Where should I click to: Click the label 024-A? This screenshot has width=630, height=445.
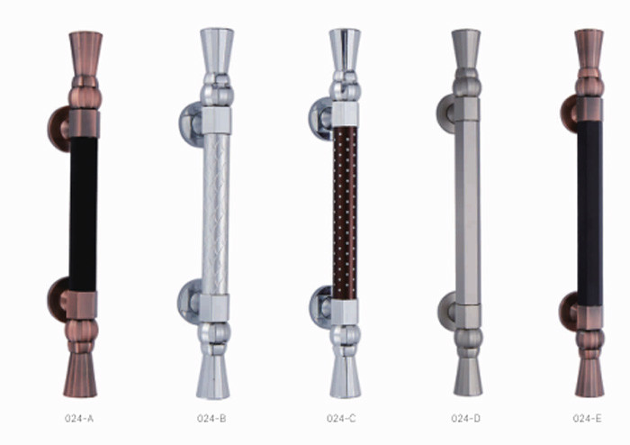pyautogui.click(x=79, y=419)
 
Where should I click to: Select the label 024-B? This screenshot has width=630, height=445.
pyautogui.click(x=211, y=419)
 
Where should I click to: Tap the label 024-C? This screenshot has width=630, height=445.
pyautogui.click(x=341, y=419)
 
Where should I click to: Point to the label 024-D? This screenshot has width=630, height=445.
pyautogui.click(x=465, y=419)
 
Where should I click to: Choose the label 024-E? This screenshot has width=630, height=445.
pyautogui.click(x=588, y=419)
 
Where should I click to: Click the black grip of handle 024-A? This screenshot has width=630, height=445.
pyautogui.click(x=83, y=214)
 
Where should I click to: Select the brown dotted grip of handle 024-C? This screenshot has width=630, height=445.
pyautogui.click(x=345, y=213)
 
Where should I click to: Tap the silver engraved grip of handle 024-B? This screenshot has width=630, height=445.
pyautogui.click(x=215, y=214)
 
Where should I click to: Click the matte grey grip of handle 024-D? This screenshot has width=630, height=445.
pyautogui.click(x=468, y=213)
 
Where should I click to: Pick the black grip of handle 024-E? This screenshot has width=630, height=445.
pyautogui.click(x=589, y=213)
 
